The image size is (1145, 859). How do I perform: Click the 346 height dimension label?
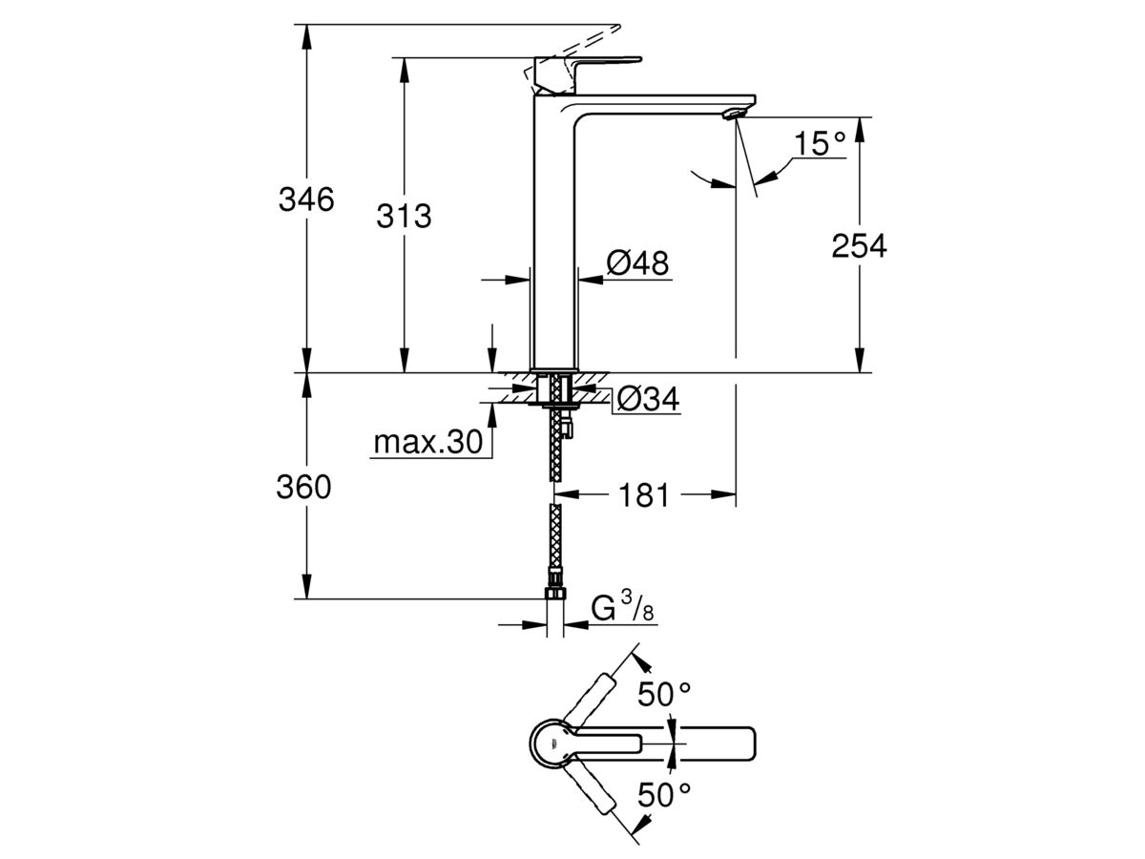306,200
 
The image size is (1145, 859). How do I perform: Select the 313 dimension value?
404,217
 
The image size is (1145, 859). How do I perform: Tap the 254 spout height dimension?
859,245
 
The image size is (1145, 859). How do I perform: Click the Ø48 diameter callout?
637,262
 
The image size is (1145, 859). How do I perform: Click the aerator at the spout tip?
733,114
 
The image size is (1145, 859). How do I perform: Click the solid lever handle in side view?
582,68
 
